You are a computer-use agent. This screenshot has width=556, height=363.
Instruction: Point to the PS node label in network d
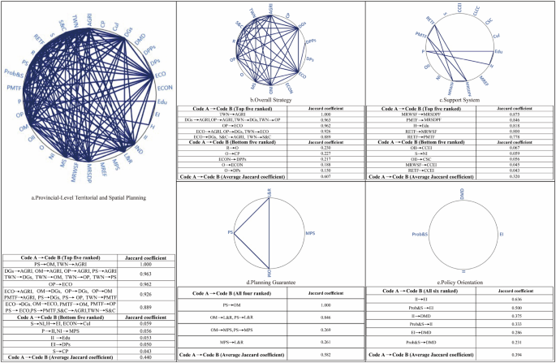click(x=209, y=234)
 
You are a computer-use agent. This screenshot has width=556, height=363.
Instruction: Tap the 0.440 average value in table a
click(x=144, y=358)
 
